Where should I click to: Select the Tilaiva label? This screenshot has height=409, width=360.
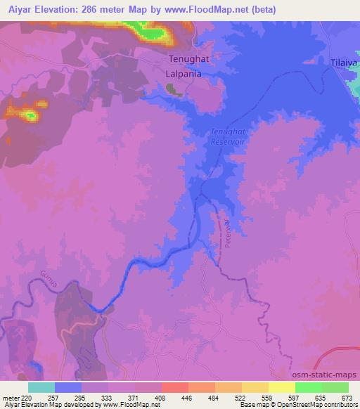345,63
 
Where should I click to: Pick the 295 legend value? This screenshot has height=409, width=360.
82,398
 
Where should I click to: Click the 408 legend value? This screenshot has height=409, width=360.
161,398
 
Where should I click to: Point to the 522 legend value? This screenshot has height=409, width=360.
241,398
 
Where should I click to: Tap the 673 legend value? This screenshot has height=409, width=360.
348,398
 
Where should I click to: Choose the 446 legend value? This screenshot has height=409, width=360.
188,398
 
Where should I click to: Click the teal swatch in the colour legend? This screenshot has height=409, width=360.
41,387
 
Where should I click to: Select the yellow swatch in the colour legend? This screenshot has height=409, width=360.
282,387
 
